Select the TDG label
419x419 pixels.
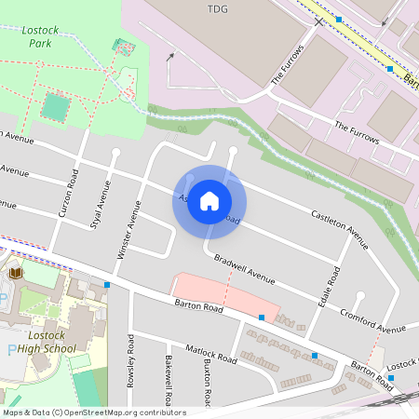[215, 8]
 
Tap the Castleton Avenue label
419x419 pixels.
[340, 228]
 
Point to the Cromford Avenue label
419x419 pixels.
[372, 320]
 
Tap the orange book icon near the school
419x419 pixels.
[16, 273]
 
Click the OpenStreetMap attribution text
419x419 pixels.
[93, 412]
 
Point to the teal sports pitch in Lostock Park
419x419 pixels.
[55, 107]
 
